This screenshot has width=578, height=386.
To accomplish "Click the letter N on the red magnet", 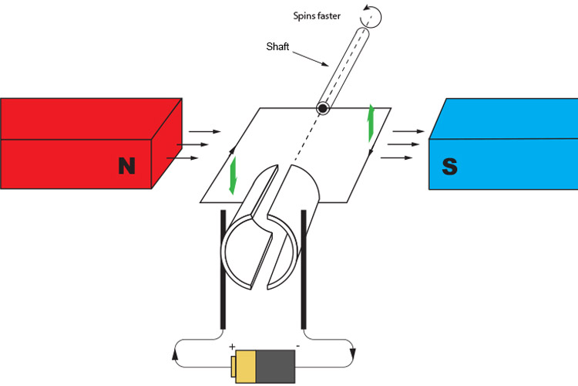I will [x=126, y=165].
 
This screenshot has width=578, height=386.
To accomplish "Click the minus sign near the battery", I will [x=297, y=347].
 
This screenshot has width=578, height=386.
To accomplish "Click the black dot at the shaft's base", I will [x=322, y=109].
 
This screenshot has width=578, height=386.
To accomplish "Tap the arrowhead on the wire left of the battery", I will [x=177, y=356].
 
